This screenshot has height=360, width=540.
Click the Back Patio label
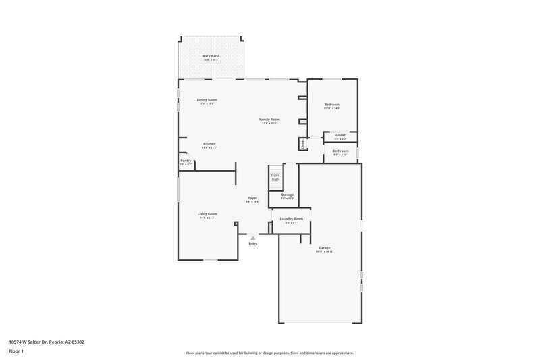211,56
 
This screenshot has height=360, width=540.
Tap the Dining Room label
208,99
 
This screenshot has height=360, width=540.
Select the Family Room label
269,120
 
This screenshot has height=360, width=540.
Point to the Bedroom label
331,105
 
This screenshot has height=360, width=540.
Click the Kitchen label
209,144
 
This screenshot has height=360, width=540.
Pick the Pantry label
186,161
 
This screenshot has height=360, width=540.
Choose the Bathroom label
340,151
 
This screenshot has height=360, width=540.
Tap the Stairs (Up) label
275,177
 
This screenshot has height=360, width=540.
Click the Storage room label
288,195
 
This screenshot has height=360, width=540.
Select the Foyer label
252,199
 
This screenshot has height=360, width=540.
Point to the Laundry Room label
292,219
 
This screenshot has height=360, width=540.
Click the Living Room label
207,213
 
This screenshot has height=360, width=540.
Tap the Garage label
325,248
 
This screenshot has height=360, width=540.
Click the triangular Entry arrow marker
252,238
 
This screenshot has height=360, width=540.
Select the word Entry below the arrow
252,244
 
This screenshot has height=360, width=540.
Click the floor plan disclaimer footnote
269,353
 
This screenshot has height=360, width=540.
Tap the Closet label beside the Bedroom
340,135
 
